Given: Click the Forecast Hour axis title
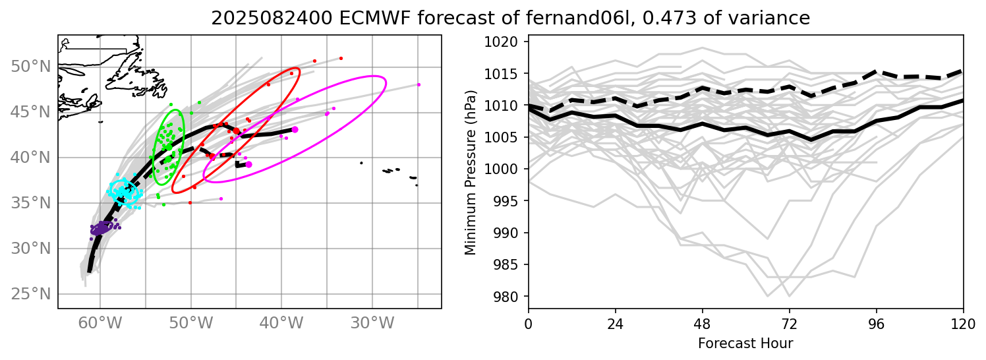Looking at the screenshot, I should coord(745,343).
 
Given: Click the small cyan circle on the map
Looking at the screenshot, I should coord(123,193).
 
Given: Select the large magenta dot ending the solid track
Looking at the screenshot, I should coord(295,129).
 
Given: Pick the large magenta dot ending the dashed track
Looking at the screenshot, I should coord(248,164).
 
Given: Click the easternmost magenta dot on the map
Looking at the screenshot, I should coord(419,84).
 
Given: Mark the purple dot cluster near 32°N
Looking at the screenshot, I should coord(100,229).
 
